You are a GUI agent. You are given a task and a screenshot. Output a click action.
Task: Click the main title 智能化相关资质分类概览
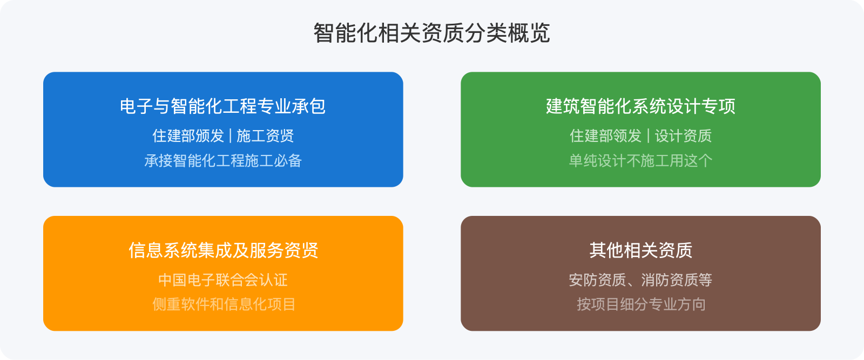[x=431, y=33]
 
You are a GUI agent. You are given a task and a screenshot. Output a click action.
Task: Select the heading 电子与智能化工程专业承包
[x=222, y=106]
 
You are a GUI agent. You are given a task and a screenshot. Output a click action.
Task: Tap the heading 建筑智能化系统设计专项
[x=640, y=106]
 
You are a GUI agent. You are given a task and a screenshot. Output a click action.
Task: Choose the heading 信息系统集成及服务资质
[x=223, y=250]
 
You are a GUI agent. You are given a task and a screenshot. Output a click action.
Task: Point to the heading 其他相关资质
[x=640, y=250]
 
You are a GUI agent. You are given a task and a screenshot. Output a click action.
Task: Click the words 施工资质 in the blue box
[x=265, y=136]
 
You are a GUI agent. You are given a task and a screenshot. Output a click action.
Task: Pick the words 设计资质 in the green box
[x=683, y=136]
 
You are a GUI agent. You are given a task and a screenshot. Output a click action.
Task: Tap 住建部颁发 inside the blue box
[x=188, y=136]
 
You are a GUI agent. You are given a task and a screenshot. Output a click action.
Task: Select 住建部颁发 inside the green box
[x=605, y=136]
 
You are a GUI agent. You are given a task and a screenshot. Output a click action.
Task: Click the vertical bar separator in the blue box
[x=231, y=136]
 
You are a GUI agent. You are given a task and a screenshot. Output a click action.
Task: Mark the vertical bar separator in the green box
[x=648, y=136]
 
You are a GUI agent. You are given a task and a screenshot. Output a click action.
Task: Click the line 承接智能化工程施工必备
[x=223, y=161]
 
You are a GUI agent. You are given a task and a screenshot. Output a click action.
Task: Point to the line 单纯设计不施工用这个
[x=640, y=161]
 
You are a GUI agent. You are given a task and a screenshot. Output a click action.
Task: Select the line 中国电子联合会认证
[x=223, y=280]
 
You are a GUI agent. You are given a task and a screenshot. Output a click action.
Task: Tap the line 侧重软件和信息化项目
[x=223, y=304]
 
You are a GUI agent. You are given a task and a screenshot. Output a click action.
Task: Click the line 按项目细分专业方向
[x=640, y=304]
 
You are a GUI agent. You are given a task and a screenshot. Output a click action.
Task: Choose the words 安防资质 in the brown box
[x=597, y=280]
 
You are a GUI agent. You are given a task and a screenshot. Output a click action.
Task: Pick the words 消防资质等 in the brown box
[x=677, y=280]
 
